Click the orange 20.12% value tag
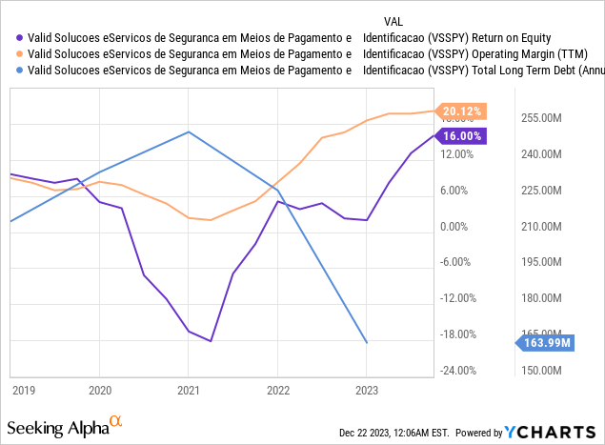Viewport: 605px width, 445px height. [x=461, y=111]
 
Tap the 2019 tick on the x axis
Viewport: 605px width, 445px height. [x=23, y=390]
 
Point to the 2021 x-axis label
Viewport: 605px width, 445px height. [x=189, y=390]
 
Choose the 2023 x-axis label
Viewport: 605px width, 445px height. [x=367, y=390]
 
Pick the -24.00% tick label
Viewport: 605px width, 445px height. [x=461, y=371]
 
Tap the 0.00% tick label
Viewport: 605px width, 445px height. [x=461, y=227]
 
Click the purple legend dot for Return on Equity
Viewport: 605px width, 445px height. [x=15, y=38]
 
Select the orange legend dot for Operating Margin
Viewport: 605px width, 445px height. [x=15, y=54]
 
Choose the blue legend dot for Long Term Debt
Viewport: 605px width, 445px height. [x=15, y=71]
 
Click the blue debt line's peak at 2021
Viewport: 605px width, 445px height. [x=189, y=131]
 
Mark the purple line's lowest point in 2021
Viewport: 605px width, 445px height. [x=211, y=341]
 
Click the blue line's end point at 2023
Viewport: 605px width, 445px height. [x=367, y=342]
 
